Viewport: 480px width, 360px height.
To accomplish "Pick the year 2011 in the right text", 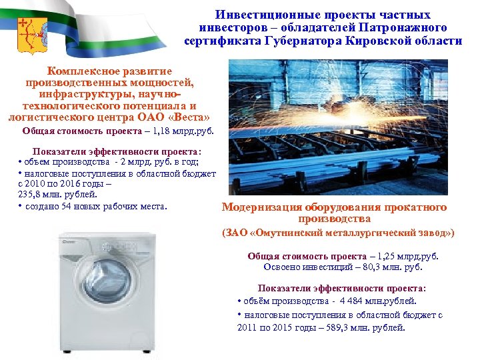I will point(247,327).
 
